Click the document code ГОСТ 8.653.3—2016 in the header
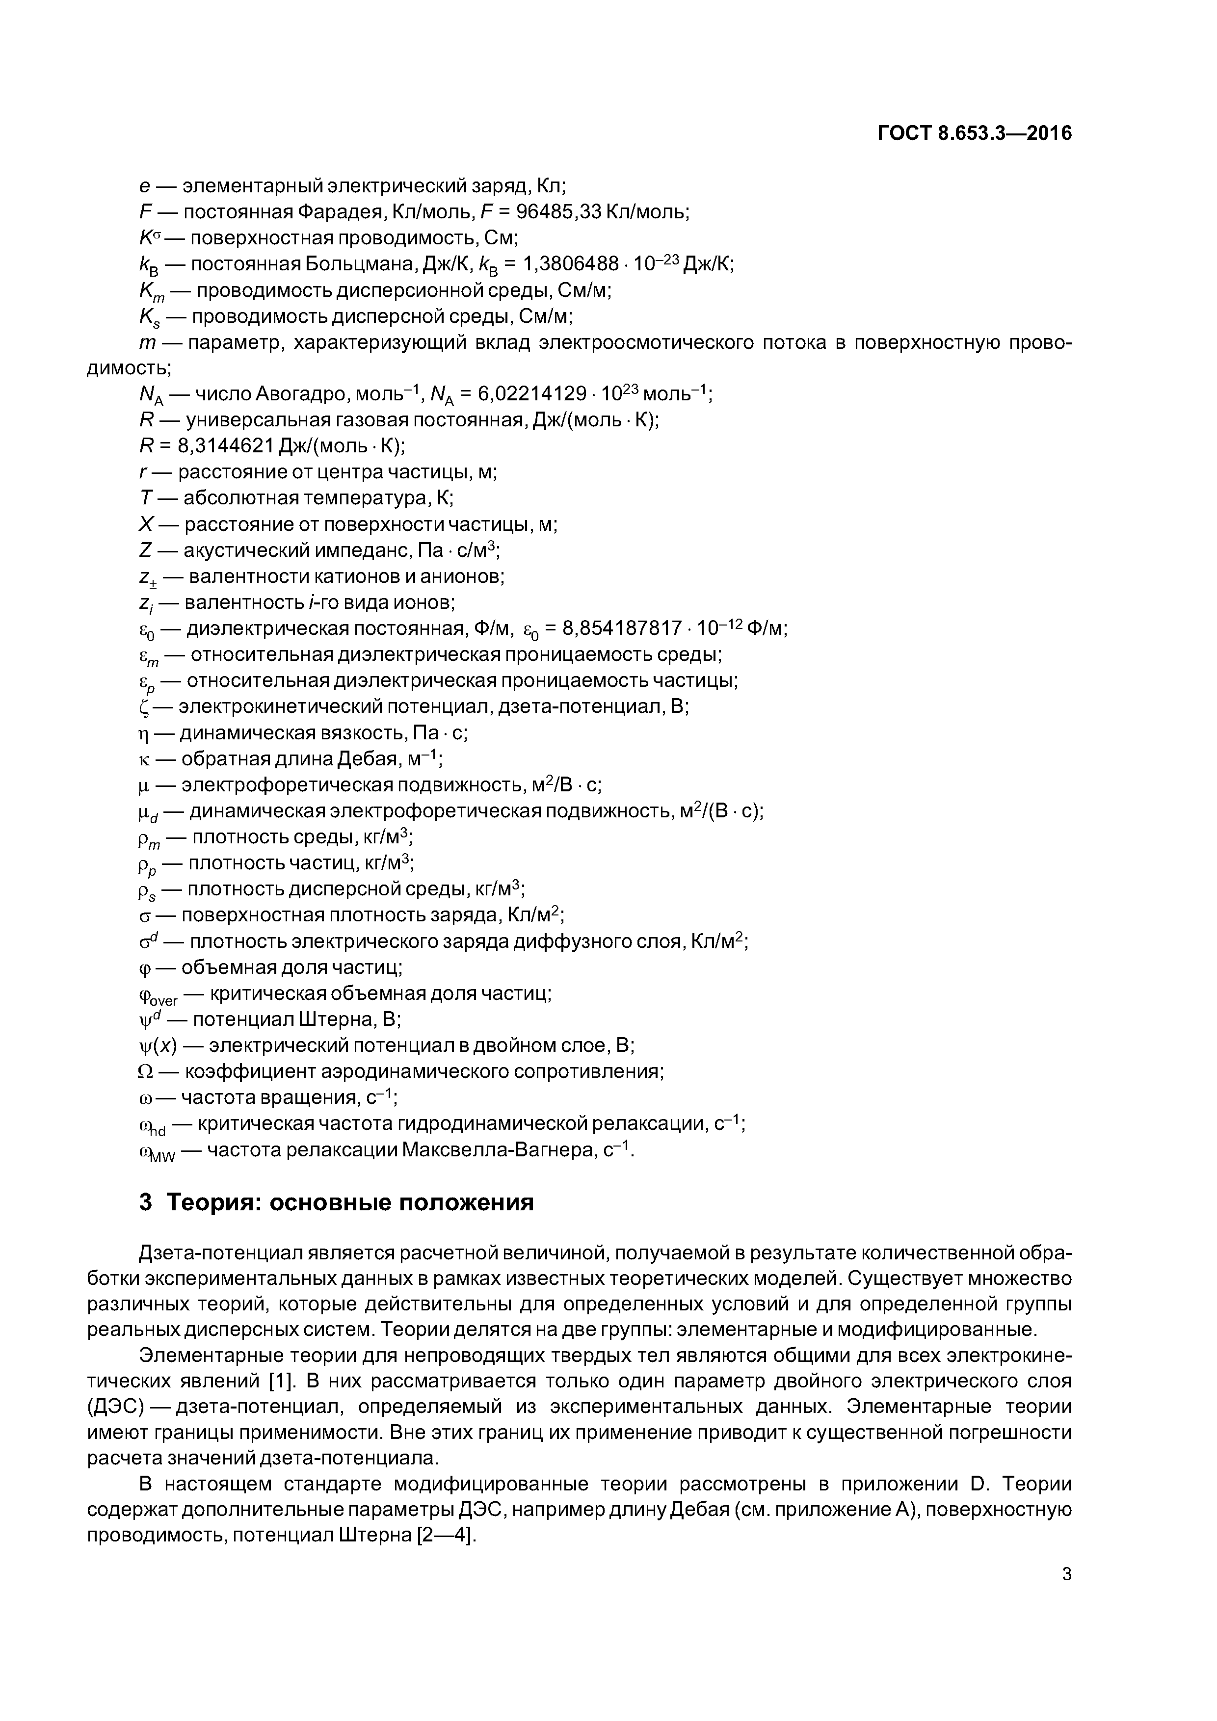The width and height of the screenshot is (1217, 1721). [974, 133]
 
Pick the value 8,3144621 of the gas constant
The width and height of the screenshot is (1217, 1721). [225, 447]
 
